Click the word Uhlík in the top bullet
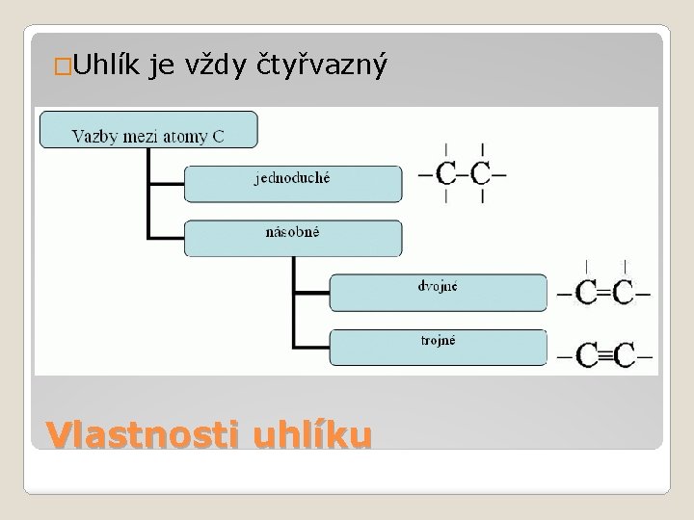point(106,65)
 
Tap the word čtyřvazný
point(323,65)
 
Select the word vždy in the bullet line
point(218,65)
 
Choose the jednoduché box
point(293,183)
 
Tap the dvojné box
point(439,292)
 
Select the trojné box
point(439,347)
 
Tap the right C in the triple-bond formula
point(625,355)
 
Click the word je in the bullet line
point(161,65)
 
